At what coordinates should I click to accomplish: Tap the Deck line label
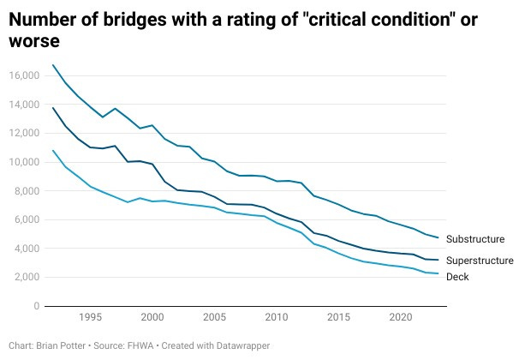(x=459, y=277)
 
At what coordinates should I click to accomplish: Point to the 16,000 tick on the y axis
(x=24, y=75)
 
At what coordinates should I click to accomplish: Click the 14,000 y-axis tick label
(x=24, y=105)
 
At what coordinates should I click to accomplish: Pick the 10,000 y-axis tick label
(x=24, y=162)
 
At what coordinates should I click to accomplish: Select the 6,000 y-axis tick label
(x=27, y=219)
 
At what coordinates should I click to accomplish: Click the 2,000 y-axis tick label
(x=27, y=277)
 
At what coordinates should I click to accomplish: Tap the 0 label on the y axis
(x=36, y=306)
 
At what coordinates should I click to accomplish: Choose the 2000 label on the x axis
(x=152, y=318)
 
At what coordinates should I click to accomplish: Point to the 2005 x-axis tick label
(x=214, y=318)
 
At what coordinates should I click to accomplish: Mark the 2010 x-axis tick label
(x=276, y=318)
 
